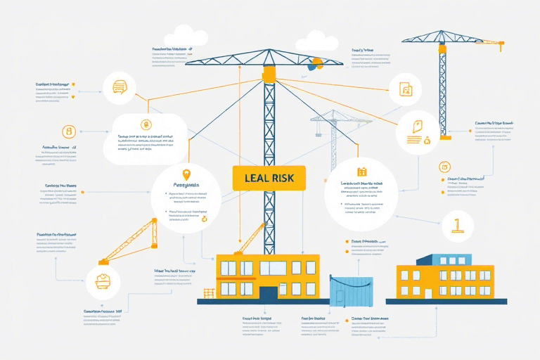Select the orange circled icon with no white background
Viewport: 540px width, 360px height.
pyautogui.click(x=69, y=131)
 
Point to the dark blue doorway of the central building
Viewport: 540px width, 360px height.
pyautogui.click(x=268, y=292)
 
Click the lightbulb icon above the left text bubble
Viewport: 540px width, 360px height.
pyautogui.click(x=186, y=174)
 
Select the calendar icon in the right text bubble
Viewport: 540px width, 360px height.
pyautogui.click(x=362, y=172)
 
